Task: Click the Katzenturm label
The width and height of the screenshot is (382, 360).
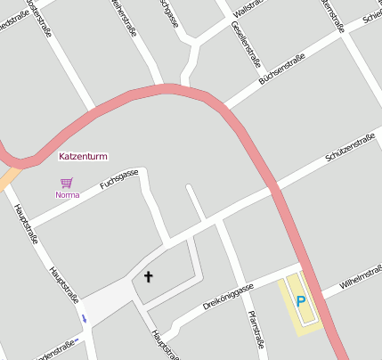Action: pyautogui.click(x=83, y=156)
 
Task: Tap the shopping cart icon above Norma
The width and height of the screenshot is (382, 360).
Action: pyautogui.click(x=67, y=183)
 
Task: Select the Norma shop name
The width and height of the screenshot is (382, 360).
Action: pyautogui.click(x=68, y=194)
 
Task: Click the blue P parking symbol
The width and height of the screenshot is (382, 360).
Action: pyautogui.click(x=301, y=302)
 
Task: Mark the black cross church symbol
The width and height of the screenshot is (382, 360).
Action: pyautogui.click(x=148, y=277)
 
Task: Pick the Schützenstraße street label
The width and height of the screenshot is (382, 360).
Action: pyautogui.click(x=349, y=148)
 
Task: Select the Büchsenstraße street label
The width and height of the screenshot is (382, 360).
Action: pyautogui.click(x=281, y=70)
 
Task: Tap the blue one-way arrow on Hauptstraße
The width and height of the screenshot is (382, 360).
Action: pyautogui.click(x=85, y=317)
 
